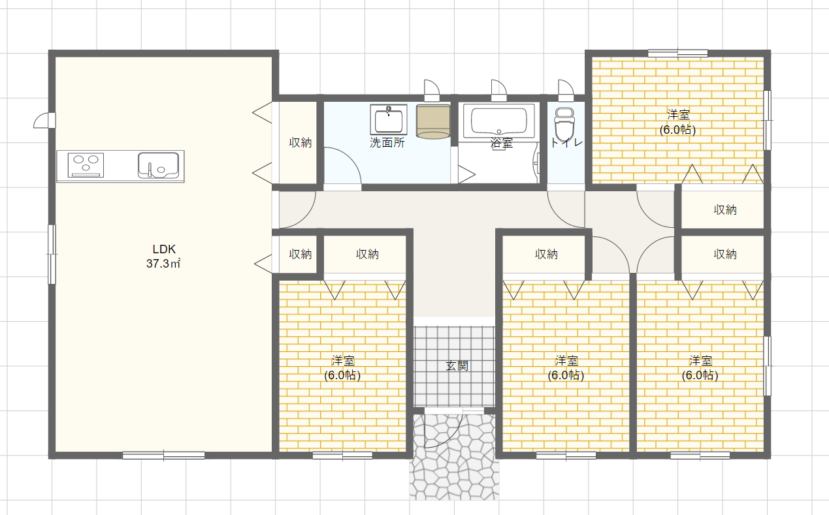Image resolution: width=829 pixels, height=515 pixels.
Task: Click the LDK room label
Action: click(x=164, y=249)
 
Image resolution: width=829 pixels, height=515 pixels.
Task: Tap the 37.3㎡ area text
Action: click(x=163, y=264)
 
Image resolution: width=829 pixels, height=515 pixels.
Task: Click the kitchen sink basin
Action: click(x=158, y=165)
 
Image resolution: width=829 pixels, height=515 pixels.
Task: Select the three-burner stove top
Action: click(x=86, y=165)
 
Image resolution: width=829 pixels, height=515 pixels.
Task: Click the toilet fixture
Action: click(x=564, y=125)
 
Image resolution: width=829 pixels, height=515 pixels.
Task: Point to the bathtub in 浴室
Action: click(x=499, y=121)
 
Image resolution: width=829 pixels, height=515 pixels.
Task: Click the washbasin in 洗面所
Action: click(x=389, y=119)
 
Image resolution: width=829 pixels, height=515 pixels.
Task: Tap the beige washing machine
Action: click(x=433, y=121)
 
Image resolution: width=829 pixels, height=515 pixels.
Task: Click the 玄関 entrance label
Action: click(x=457, y=366)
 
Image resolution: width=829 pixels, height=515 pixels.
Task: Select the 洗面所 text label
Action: click(x=387, y=143)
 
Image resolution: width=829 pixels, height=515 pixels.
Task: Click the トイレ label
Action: click(x=566, y=143)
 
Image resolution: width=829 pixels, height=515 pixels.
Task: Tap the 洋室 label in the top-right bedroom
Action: click(x=678, y=115)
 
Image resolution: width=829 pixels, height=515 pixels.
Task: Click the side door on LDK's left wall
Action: click(x=45, y=121)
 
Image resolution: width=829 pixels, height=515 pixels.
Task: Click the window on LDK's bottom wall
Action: click(x=163, y=456)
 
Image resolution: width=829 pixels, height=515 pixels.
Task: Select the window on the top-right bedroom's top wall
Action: click(x=677, y=54)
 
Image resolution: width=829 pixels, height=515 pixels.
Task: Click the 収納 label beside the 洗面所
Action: click(x=300, y=143)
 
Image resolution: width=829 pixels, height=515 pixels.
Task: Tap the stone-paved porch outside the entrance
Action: click(x=454, y=458)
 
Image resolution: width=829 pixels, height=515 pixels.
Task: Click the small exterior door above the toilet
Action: click(x=566, y=90)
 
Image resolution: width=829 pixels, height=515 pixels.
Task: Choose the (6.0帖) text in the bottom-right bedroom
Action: click(x=700, y=375)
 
